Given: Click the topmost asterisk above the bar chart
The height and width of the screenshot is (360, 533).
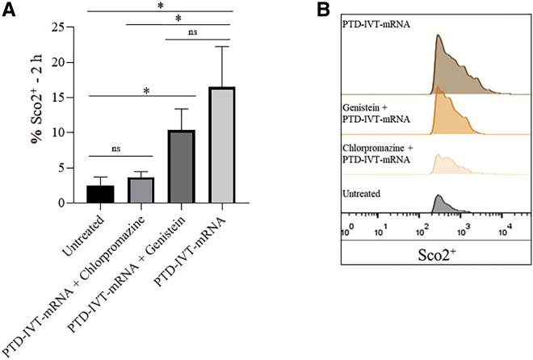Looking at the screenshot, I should [158, 6].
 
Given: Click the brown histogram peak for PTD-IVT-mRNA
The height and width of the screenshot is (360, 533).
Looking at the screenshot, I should [437, 40].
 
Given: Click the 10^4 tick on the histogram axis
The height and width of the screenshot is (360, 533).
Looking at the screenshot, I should [503, 232].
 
